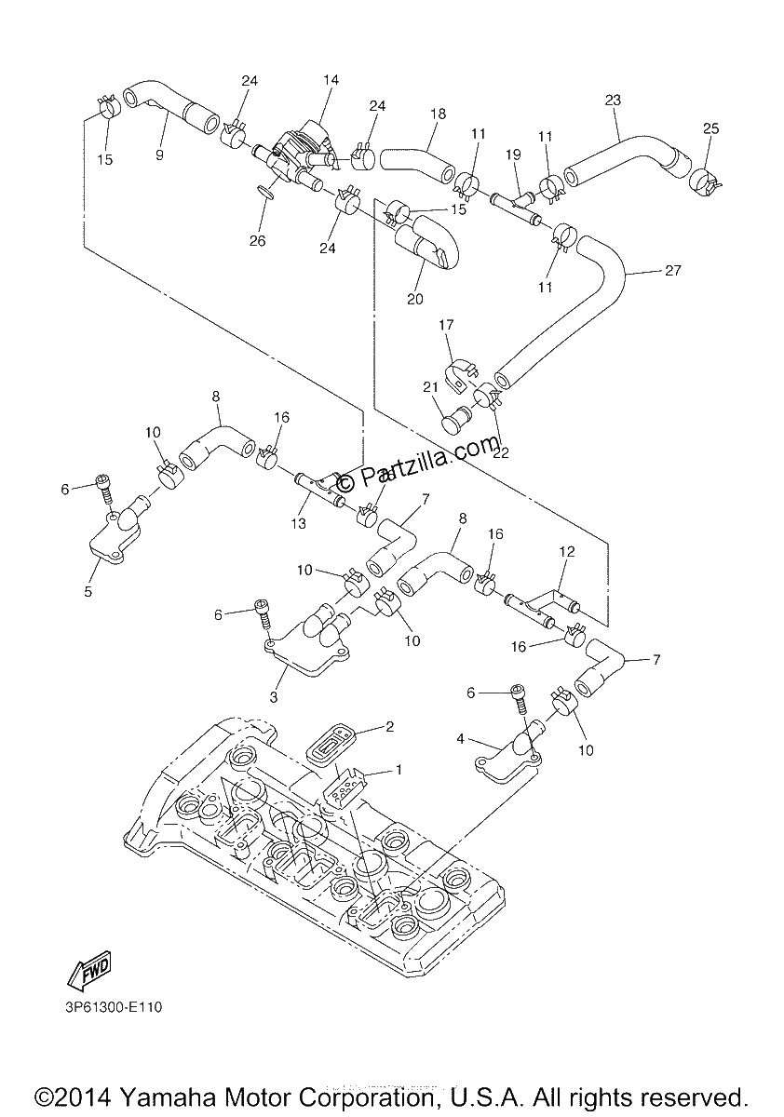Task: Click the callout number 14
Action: (331, 80)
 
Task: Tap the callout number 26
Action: (258, 241)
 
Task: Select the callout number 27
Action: (673, 270)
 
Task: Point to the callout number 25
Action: (711, 128)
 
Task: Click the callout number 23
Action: (613, 101)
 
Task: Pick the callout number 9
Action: (159, 155)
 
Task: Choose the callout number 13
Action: (298, 523)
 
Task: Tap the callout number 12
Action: (567, 551)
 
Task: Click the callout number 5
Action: (88, 592)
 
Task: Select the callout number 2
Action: (389, 726)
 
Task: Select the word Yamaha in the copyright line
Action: (171, 1098)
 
